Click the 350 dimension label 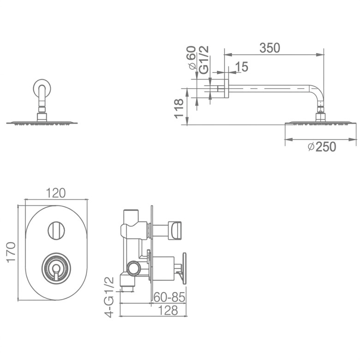(270, 48)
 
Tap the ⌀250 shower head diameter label (322, 147)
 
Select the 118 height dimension (179, 108)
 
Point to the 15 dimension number (242, 67)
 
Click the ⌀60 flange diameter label (192, 58)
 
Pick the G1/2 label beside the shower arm (204, 60)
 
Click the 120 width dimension (56, 193)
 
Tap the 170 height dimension (11, 252)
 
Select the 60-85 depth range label (169, 297)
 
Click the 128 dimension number (168, 311)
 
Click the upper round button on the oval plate (56, 230)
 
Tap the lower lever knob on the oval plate (56, 268)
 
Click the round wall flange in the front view (42, 89)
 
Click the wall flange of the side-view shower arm (227, 89)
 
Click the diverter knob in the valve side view (175, 230)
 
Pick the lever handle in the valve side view (183, 268)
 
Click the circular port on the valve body (134, 268)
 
